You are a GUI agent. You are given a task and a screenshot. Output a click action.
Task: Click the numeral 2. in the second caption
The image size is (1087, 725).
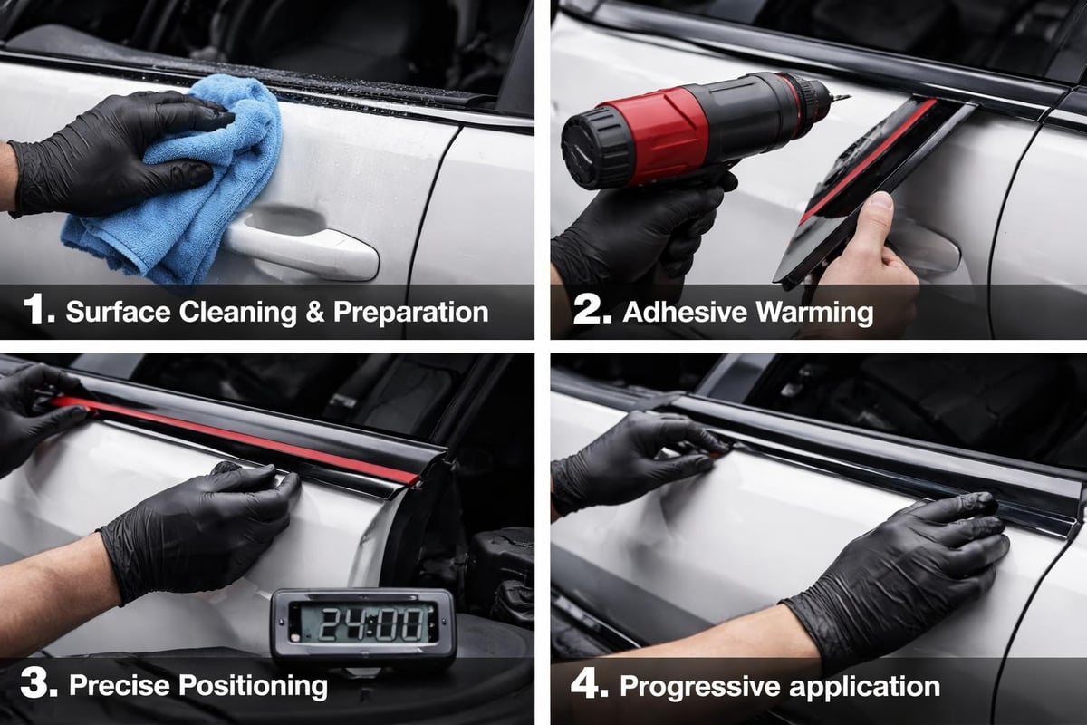pyautogui.click(x=593, y=311)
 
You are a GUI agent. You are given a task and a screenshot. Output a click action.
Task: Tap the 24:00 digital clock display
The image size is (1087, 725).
pyautogui.click(x=362, y=624)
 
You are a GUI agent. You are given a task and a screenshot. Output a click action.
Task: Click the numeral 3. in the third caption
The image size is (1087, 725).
pyautogui.click(x=41, y=684)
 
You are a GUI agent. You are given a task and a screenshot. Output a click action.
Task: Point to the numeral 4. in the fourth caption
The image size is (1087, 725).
pyautogui.click(x=589, y=684)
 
